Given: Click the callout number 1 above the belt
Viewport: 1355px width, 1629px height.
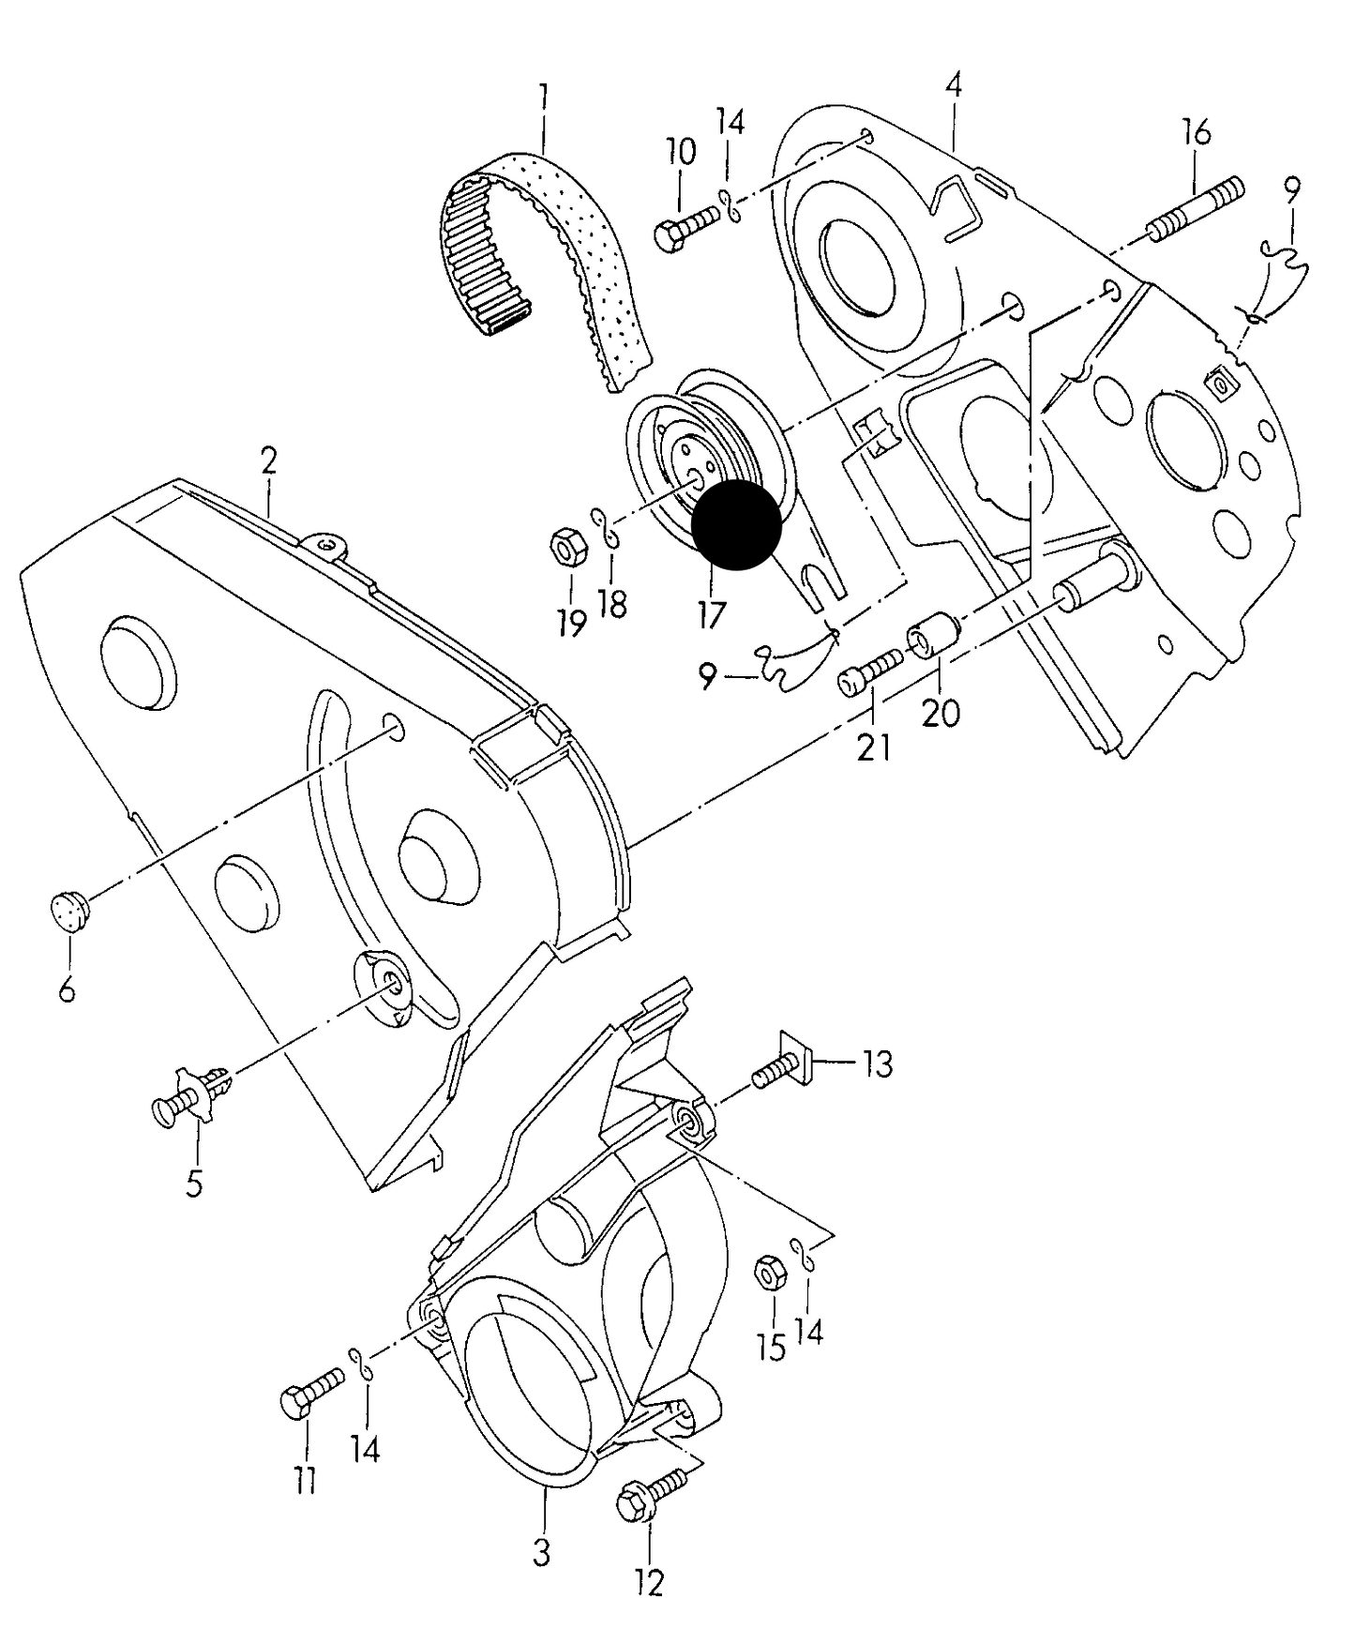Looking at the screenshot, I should coord(543,97).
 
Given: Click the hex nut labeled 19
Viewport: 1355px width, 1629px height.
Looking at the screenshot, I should coord(566,547).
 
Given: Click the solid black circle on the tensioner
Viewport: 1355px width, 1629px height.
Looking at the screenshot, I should coord(736,525).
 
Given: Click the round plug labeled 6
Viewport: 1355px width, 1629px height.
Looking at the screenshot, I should coord(68,910).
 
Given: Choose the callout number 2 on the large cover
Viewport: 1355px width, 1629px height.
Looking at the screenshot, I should coord(268,462).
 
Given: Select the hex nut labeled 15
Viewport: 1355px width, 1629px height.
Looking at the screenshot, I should coord(770,1274).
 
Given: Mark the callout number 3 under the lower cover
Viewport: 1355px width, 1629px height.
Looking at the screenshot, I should coord(541,1551).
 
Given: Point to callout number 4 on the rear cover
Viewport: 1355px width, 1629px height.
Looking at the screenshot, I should coord(953,85).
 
